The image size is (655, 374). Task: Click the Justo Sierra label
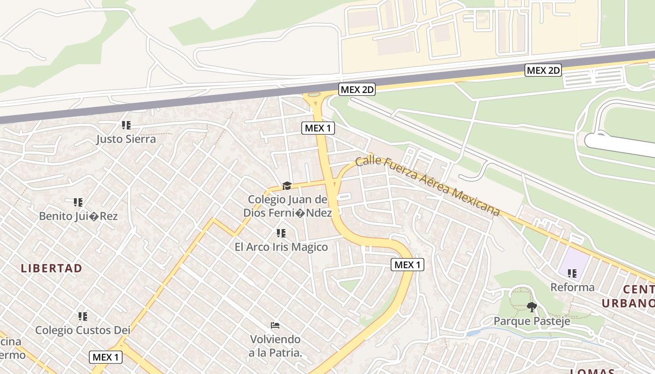coord(126,139)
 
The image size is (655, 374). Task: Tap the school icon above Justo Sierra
coord(126,125)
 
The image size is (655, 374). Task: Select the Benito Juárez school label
coord(78,216)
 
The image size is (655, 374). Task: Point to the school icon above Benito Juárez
coord(78,202)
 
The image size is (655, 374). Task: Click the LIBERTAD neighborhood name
coord(51,268)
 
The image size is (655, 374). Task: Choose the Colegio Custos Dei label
coord(83,330)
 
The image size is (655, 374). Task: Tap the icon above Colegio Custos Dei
coord(83,316)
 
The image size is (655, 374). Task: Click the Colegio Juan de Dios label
coord(287,206)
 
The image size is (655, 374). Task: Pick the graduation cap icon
coord(287,186)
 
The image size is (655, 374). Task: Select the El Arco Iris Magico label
coord(281,247)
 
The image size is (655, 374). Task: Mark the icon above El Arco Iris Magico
coord(281,233)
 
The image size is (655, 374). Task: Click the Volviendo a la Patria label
coord(275,345)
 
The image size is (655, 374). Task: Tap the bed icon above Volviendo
coord(275,325)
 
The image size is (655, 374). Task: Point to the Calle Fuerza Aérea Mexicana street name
coord(427,187)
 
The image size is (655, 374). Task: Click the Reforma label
coord(572,287)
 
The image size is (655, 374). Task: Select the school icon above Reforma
coord(572,273)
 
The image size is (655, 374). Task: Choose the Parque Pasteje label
coord(532,321)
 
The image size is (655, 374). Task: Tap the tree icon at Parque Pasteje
coord(531,307)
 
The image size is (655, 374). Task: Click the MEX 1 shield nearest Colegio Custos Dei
coord(106,357)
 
